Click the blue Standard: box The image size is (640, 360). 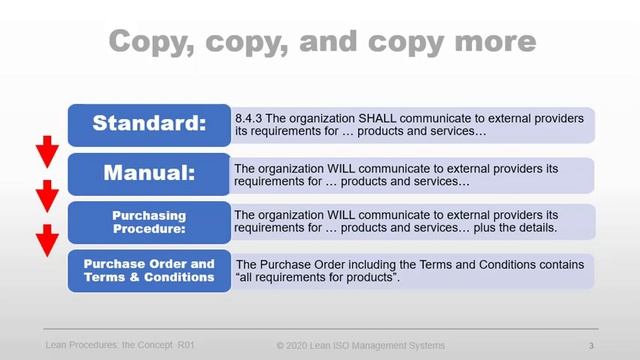148,125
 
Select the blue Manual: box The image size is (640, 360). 148,173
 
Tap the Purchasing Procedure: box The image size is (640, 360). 148,221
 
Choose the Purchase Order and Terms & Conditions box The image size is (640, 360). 148,270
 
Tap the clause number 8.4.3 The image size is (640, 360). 249,118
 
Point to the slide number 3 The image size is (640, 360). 592,345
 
